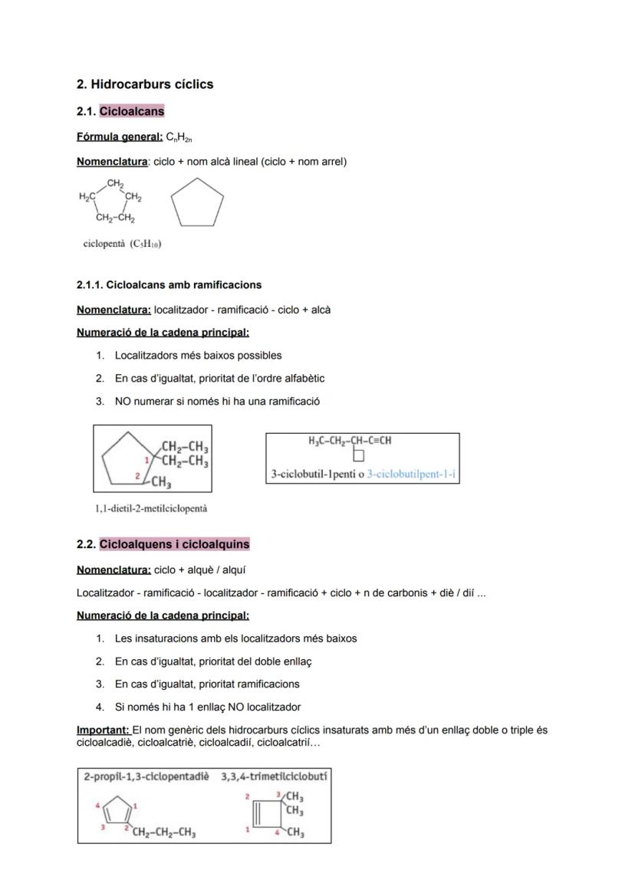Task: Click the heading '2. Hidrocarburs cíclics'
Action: [145, 84]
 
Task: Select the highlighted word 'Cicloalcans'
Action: [132, 112]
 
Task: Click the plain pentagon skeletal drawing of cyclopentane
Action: [197, 203]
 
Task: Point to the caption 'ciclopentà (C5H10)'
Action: [122, 244]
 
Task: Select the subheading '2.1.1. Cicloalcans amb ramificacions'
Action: [169, 285]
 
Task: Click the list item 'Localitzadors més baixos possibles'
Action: [198, 356]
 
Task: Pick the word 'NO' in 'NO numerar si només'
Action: [123, 402]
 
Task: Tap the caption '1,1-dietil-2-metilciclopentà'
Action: [151, 508]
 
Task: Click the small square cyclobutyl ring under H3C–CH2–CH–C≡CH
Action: [359, 456]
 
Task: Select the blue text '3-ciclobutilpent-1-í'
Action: [411, 474]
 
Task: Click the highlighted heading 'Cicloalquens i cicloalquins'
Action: [174, 544]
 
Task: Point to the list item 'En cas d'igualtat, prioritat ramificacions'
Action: [207, 684]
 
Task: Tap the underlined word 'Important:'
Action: [104, 730]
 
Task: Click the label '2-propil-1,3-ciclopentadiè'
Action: [146, 776]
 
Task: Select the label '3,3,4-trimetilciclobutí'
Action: [274, 776]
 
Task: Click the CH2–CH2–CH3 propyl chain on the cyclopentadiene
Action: [163, 833]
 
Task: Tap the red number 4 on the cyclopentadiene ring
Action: [97, 806]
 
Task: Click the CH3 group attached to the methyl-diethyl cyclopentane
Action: [161, 482]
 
